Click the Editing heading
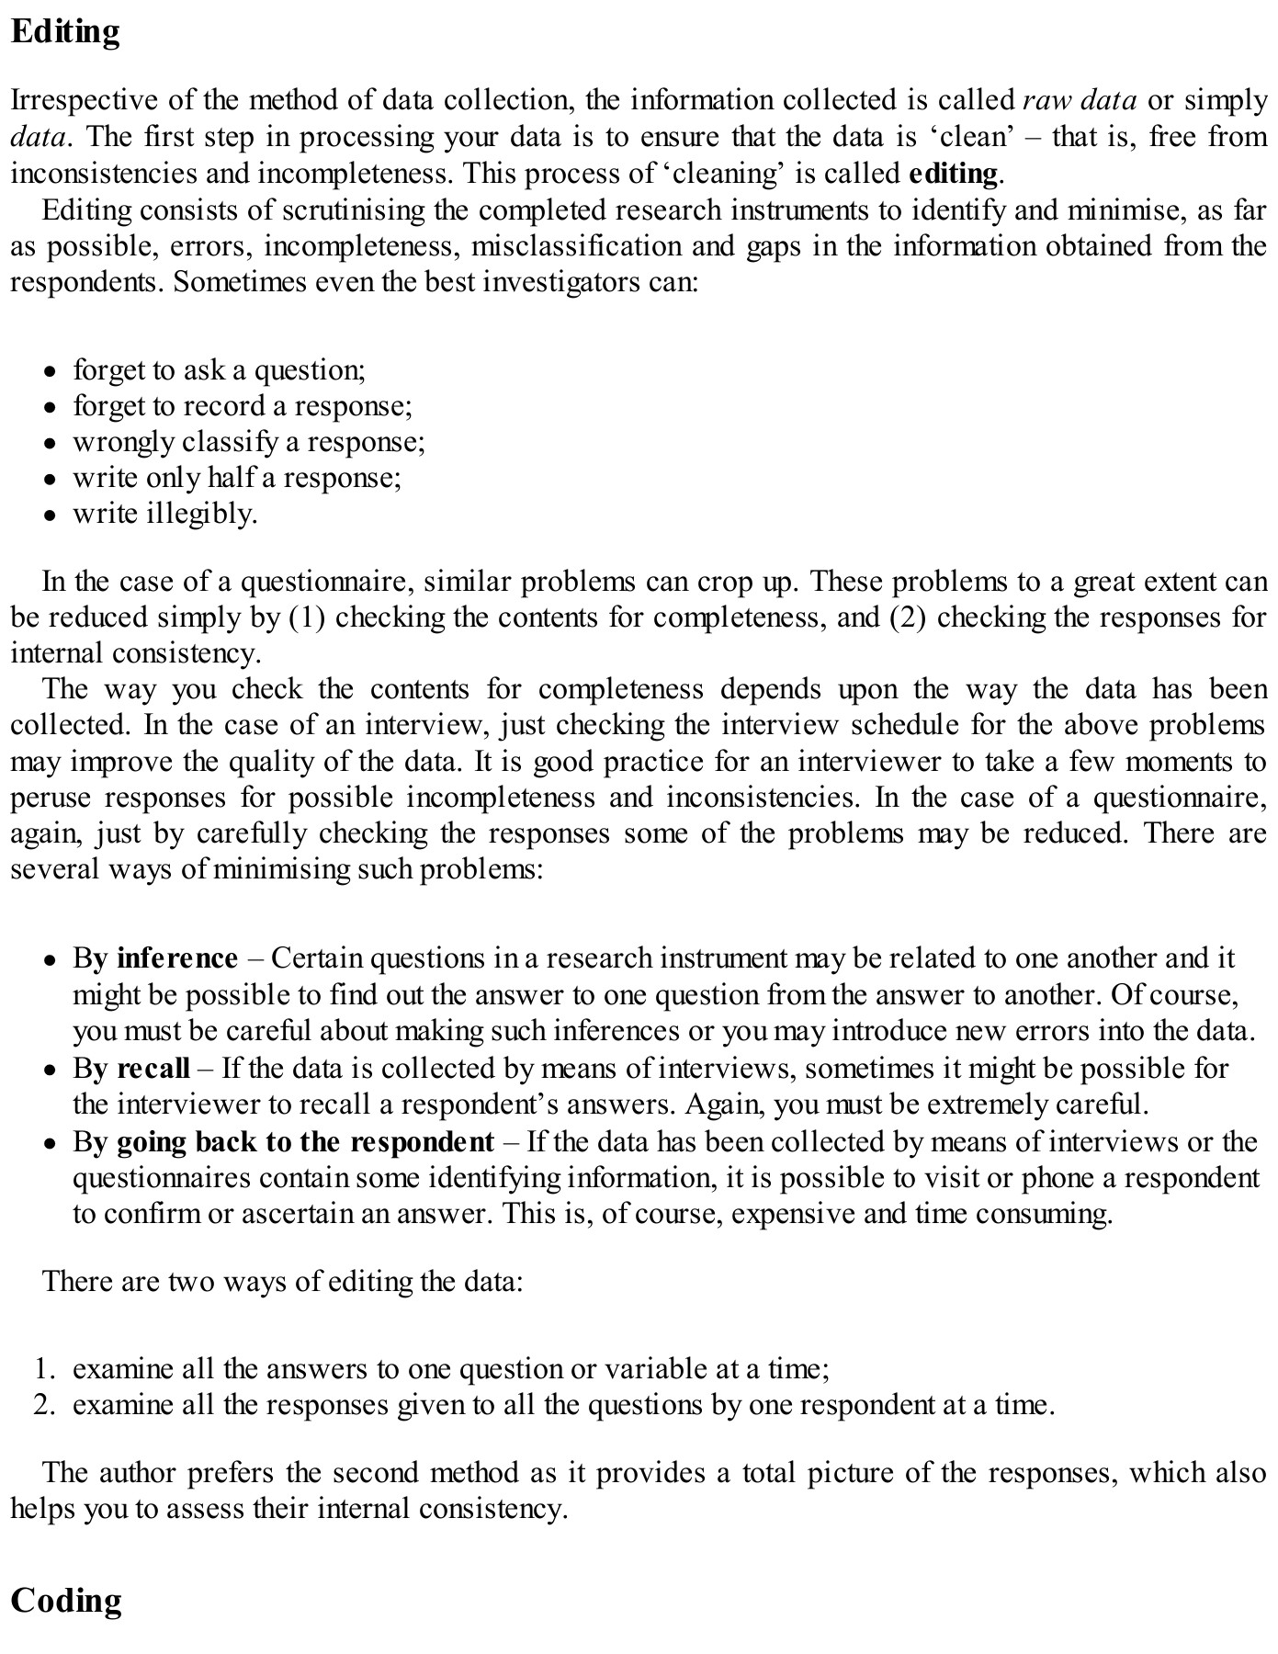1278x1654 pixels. (x=65, y=32)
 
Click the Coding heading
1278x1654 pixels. (x=66, y=1600)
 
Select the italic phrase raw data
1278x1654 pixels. (x=1080, y=100)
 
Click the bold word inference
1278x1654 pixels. (x=177, y=958)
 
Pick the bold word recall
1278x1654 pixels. (x=153, y=1068)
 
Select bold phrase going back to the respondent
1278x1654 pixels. (x=305, y=1141)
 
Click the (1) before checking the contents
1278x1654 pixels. (x=307, y=617)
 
